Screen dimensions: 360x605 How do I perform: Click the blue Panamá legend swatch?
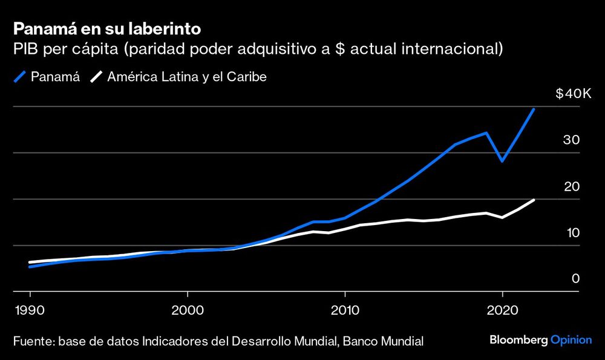click(20, 77)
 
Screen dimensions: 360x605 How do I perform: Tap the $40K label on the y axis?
click(572, 94)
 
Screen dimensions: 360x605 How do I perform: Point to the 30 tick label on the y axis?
click(572, 140)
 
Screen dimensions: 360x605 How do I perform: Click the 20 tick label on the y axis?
click(572, 186)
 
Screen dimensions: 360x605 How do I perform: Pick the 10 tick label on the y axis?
click(572, 233)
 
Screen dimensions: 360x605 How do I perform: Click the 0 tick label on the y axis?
click(576, 279)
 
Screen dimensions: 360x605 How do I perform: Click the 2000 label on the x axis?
click(188, 309)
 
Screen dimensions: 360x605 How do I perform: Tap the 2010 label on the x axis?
click(345, 309)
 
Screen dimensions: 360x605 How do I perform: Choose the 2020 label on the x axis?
click(502, 309)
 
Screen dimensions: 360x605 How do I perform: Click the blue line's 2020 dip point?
click(502, 161)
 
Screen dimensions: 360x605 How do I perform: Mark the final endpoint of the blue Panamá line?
click(533, 110)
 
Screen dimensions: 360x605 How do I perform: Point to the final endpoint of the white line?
click(533, 200)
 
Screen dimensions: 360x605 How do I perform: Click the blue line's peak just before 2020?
click(486, 133)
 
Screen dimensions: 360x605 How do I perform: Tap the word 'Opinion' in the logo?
click(571, 340)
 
